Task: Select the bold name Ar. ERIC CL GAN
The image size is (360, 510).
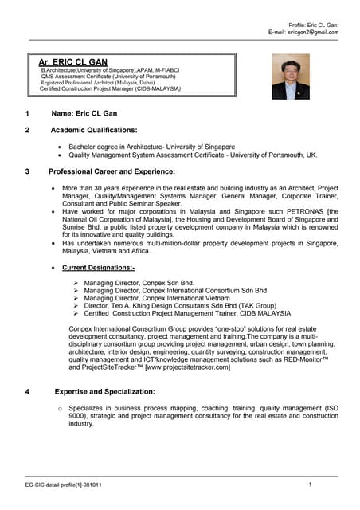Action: pyautogui.click(x=72, y=61)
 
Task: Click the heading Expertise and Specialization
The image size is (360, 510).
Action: pyautogui.click(x=104, y=391)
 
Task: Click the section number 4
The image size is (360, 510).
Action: pyautogui.click(x=27, y=391)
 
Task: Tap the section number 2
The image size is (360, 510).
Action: pyautogui.click(x=27, y=129)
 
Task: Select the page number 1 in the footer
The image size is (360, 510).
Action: pyautogui.click(x=310, y=485)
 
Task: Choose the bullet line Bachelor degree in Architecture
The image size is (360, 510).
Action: pyautogui.click(x=151, y=147)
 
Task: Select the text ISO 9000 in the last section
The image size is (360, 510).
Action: pyautogui.click(x=323, y=408)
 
